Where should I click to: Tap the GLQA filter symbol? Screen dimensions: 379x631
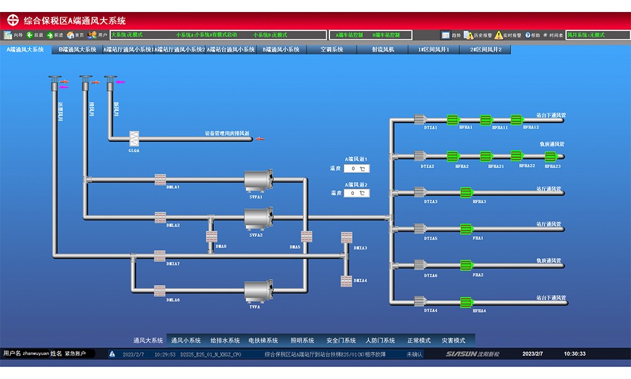click(x=134, y=138)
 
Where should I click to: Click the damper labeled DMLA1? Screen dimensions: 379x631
click(x=160, y=179)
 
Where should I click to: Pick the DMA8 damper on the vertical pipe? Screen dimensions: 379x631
click(x=211, y=237)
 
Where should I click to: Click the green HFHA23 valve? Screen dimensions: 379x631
click(x=551, y=156)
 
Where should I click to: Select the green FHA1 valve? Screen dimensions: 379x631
click(x=466, y=229)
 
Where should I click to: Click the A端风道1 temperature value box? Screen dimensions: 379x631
click(x=357, y=169)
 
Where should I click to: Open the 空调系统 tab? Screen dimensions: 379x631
click(x=331, y=49)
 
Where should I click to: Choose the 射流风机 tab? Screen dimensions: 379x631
click(x=383, y=49)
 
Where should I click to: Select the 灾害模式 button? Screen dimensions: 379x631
click(x=452, y=340)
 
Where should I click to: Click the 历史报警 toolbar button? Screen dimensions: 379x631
click(x=478, y=35)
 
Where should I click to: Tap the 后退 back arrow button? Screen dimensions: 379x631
click(x=34, y=35)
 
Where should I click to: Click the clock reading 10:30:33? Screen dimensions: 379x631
click(x=574, y=354)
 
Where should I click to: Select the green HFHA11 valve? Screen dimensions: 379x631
click(x=485, y=120)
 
